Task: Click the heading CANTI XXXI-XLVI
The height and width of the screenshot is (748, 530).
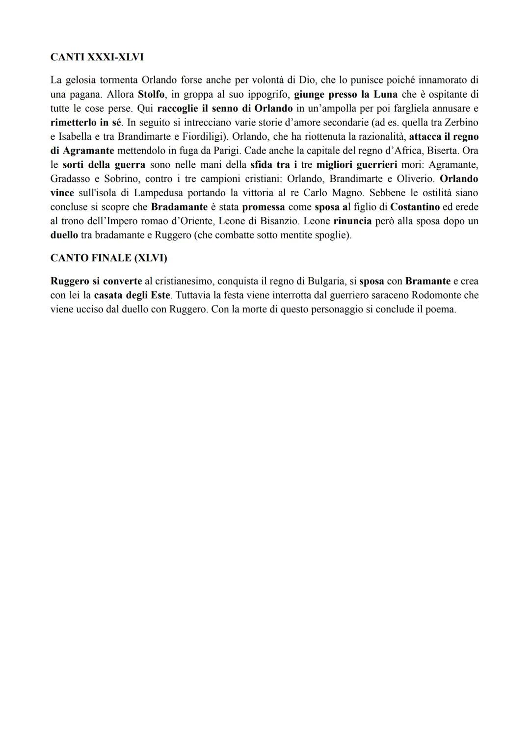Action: point(97,57)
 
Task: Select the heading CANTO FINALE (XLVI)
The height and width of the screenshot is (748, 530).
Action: point(108,258)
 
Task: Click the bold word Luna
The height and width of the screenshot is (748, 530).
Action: point(385,94)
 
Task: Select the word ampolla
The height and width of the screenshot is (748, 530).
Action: point(338,108)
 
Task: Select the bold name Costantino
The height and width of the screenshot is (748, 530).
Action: point(415,207)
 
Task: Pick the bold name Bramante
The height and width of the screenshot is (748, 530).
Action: point(427,281)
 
